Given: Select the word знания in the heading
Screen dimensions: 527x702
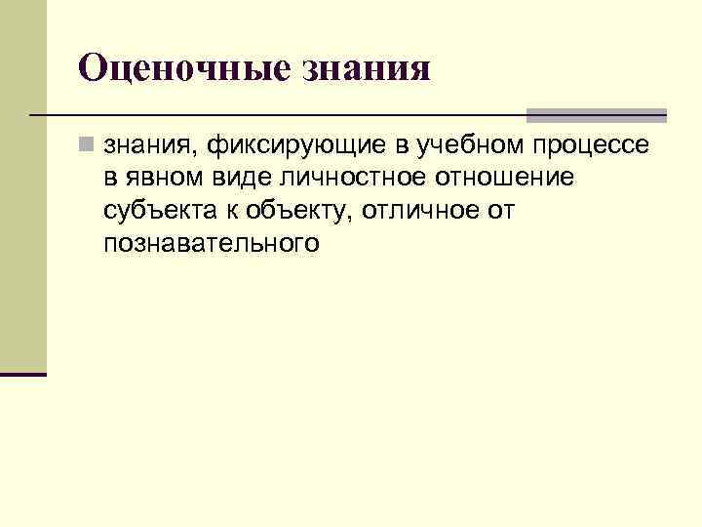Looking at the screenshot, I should [369, 68].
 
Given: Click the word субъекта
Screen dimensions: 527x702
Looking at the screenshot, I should [153, 211].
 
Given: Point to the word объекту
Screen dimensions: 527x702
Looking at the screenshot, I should [282, 211].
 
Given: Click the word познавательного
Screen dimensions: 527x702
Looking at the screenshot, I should [210, 242].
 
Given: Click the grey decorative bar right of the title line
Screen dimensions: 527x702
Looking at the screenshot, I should [596, 115].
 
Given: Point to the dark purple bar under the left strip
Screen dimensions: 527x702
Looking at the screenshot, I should [22, 374].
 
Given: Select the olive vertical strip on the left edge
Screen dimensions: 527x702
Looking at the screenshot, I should [22, 185].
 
